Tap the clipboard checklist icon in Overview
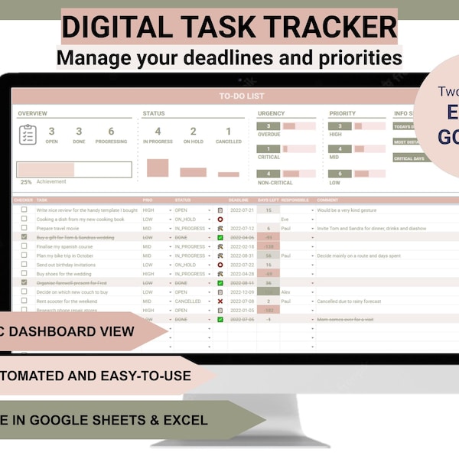coord(28,135)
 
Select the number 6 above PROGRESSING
coord(111,132)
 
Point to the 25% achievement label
coord(26,182)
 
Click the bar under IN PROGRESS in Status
coord(158,168)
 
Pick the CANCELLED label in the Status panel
coord(228,142)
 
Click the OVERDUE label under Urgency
coord(269,133)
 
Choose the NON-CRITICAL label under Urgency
coord(275,183)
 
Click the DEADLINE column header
coord(239,200)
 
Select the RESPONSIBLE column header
coord(295,200)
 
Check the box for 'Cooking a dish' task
coord(24,219)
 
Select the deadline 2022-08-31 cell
coord(242,256)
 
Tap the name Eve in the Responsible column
coord(285,219)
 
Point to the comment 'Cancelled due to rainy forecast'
coord(349,301)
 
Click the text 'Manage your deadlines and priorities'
coord(229,57)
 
